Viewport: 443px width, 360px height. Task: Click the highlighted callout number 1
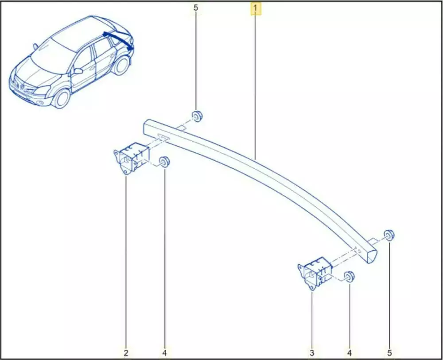256,8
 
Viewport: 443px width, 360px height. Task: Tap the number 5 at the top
196,8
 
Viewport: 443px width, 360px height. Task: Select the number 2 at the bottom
126,352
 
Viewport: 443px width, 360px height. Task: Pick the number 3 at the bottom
312,352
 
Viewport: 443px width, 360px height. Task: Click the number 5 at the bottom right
389,352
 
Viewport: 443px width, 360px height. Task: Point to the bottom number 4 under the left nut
165,352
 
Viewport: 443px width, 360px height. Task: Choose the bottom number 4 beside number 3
350,352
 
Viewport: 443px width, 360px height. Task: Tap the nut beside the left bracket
164,161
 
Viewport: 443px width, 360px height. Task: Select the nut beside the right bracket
350,277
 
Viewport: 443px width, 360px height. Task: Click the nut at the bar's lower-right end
389,235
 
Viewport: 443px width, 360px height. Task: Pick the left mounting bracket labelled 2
132,158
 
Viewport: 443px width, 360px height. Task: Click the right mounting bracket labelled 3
315,273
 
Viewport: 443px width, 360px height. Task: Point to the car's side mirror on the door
78,70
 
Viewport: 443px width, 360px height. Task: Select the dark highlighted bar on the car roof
119,40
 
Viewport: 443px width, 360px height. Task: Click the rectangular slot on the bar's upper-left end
162,136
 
